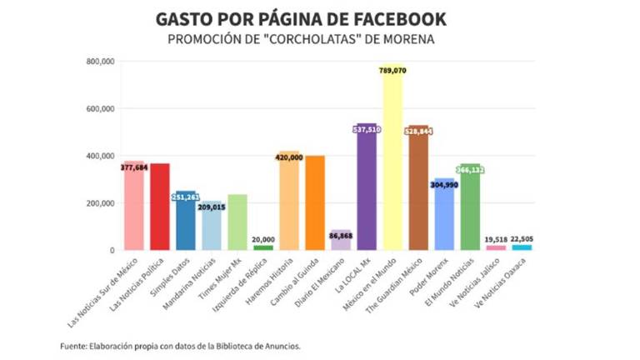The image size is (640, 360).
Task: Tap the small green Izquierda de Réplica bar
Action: tap(262, 247)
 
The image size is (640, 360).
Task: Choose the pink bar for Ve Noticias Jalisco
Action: tap(495, 247)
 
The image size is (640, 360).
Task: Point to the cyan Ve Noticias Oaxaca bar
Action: tap(522, 247)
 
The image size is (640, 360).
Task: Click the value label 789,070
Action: tap(392, 71)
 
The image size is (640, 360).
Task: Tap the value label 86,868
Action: tap(341, 237)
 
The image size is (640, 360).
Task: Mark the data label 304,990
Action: tap(444, 184)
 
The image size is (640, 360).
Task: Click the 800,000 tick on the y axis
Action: tap(102, 62)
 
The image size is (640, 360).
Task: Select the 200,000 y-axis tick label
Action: tap(102, 203)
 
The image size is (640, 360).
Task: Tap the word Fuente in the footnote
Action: tap(75, 345)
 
